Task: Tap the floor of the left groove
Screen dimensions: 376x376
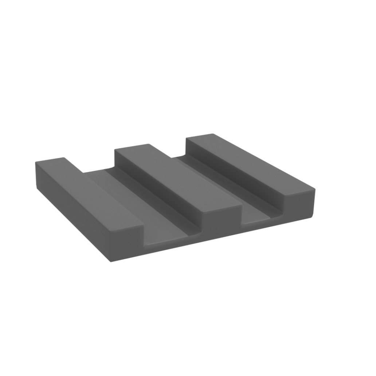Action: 146,204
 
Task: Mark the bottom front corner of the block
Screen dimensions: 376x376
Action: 110,262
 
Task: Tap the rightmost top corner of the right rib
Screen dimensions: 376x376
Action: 314,189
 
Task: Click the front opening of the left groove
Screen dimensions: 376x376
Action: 171,242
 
